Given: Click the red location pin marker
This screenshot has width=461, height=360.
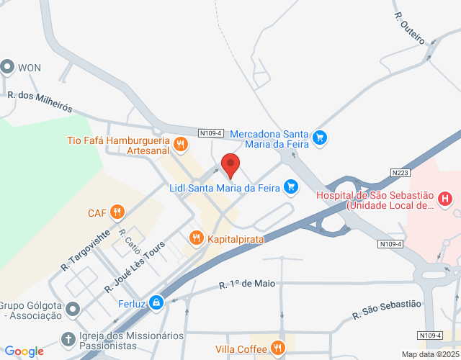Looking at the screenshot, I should [x=230, y=165].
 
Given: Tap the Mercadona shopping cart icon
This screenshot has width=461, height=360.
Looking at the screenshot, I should [x=320, y=137].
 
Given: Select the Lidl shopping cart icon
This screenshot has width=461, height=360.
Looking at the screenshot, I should [x=291, y=188].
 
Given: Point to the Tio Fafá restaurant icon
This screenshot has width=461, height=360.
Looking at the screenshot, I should [x=181, y=144].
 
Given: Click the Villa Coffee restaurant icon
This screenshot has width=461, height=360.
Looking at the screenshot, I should [x=279, y=349].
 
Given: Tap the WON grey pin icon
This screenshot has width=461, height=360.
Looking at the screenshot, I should [x=8, y=68].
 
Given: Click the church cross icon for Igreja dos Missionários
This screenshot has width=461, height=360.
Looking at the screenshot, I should [x=68, y=338].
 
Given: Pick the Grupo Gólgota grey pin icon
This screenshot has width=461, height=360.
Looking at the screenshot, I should [x=73, y=310].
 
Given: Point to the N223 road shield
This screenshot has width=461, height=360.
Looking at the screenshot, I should [x=403, y=173].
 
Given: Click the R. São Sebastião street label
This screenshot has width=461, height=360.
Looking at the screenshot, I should [x=386, y=310].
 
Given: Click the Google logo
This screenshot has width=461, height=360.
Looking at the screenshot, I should [x=24, y=351].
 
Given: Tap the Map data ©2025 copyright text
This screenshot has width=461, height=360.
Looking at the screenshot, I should [x=429, y=354].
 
